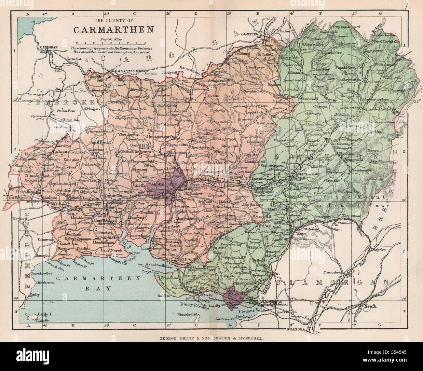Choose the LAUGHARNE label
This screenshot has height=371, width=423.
tap(104, 238)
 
